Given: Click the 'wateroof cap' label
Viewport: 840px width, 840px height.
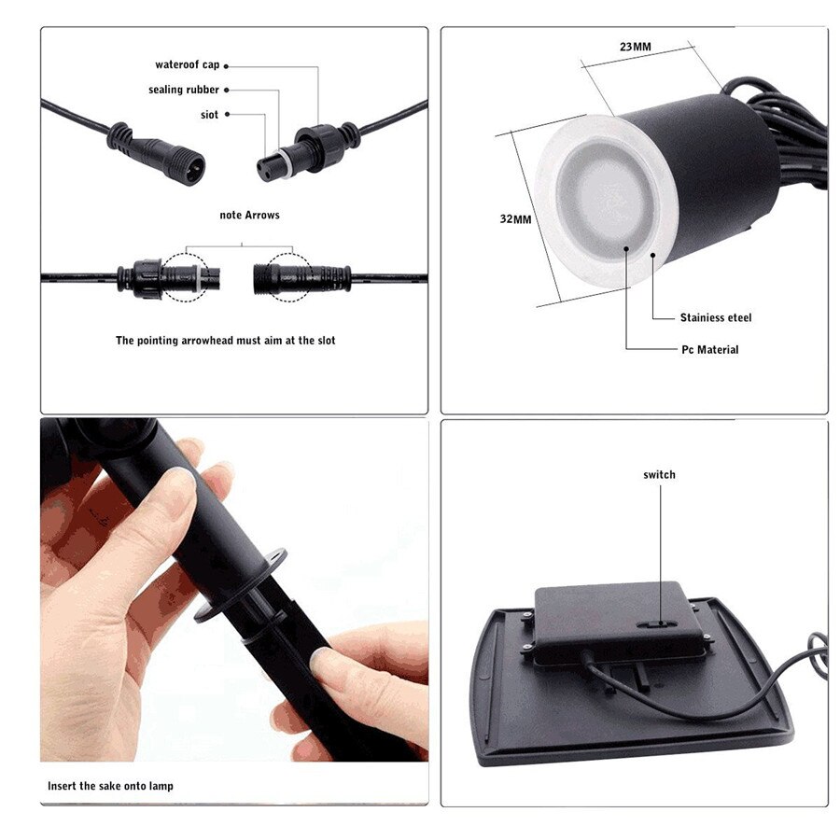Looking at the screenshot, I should [188, 65].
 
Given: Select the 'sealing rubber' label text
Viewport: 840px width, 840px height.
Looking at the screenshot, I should [184, 90].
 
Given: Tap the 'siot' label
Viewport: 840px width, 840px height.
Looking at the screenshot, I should [209, 115].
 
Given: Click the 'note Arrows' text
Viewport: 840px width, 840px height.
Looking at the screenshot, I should [249, 216].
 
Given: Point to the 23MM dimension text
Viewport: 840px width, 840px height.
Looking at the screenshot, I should [635, 47].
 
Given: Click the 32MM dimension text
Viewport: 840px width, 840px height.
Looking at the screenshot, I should [515, 219].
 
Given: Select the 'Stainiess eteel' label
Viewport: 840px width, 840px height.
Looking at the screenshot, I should [715, 318].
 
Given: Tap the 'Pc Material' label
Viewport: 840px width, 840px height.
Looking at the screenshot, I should [709, 350].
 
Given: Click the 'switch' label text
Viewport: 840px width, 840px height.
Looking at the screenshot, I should [659, 475].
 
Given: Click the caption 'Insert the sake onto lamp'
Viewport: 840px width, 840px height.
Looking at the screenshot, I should [110, 786].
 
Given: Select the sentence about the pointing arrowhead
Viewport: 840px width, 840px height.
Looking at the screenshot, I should [225, 341].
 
